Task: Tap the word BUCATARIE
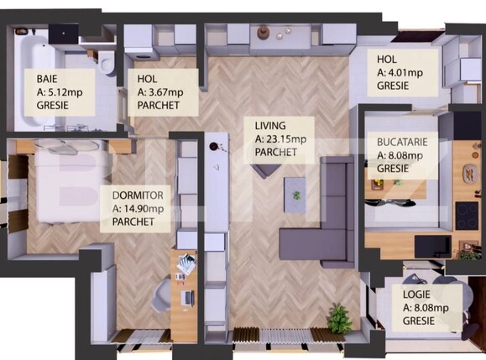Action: (x=402, y=143)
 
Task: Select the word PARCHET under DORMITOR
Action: (x=127, y=222)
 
